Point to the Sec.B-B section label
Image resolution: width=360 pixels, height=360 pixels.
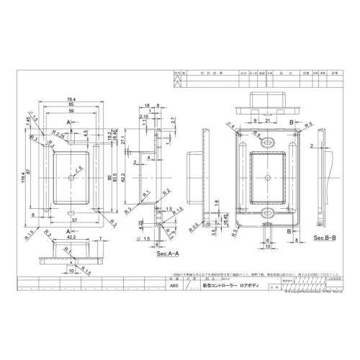[x=325, y=236]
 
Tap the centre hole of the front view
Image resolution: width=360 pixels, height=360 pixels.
[x=70, y=176]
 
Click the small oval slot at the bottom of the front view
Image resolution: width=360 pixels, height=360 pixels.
[x=70, y=212]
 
